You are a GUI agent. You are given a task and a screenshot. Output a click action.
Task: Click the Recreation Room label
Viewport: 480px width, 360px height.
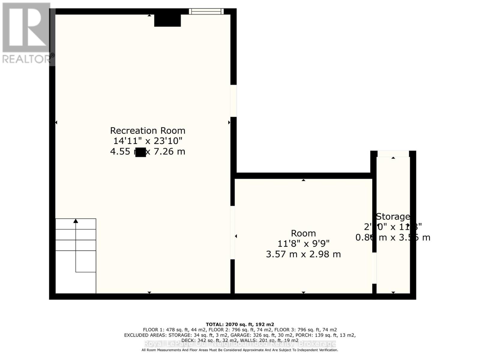[148, 130]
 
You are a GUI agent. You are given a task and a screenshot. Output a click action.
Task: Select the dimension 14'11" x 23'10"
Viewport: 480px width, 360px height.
[148, 141]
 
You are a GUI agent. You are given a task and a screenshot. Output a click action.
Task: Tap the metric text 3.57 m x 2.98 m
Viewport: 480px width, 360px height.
[303, 254]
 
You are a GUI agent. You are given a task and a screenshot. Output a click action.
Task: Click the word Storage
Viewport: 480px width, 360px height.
[393, 216]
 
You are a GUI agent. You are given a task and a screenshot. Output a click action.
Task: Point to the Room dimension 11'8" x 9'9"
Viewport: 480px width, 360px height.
[303, 244]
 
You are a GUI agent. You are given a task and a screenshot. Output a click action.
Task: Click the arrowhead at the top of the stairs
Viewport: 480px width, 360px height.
[76, 221]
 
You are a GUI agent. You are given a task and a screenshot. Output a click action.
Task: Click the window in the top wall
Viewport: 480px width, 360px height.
[206, 11]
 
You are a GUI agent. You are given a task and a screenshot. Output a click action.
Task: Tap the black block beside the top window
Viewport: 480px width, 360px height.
[167, 20]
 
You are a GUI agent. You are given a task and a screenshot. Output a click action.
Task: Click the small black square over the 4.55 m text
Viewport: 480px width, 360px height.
[140, 152]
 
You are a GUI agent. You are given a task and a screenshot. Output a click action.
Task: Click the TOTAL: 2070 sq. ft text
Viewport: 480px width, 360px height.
[240, 324]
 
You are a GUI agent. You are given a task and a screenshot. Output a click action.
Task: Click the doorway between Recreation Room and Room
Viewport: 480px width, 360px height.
[232, 232]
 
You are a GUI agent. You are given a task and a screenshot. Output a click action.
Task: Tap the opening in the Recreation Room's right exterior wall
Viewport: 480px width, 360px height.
[233, 101]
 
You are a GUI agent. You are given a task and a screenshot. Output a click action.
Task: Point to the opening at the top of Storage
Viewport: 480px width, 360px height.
[393, 154]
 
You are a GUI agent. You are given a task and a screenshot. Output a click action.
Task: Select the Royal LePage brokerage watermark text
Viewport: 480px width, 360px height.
[240, 344]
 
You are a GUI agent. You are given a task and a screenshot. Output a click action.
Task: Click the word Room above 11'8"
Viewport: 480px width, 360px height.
[303, 233]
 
